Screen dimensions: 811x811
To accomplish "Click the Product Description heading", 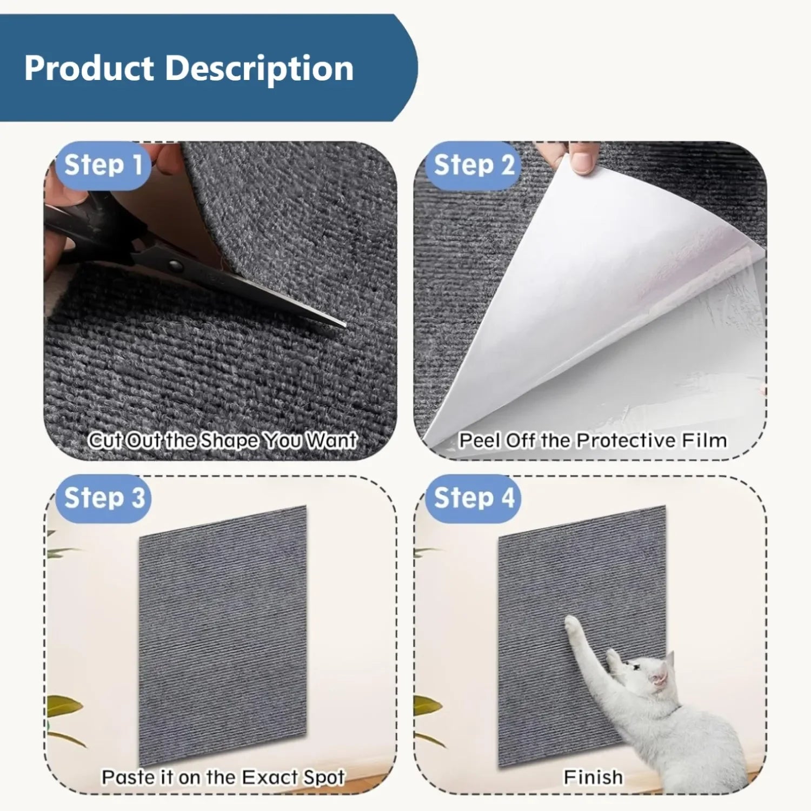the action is pos(189,69).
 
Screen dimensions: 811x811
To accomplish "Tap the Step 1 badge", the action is pos(103,165).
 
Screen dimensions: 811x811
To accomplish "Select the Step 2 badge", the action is pos(473,165).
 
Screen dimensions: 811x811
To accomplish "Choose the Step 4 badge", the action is pos(474,498).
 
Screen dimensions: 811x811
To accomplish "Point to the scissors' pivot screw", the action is pos(175,265).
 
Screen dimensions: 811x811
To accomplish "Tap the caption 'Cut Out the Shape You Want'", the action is pos(222,440).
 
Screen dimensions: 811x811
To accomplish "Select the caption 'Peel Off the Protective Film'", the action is pos(593,440).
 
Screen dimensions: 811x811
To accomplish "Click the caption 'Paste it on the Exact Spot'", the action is pos(223,777).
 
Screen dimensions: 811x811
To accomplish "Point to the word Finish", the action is pos(593,777).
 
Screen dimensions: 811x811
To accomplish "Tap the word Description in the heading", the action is pos(259,69).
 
